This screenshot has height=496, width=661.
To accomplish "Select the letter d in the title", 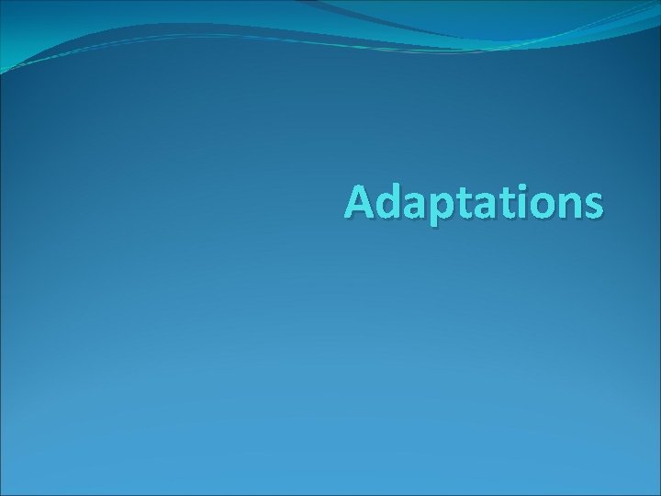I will point(392,203).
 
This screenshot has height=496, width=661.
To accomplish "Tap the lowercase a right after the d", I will point(419,208).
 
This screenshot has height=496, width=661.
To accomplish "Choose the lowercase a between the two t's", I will point(487,208).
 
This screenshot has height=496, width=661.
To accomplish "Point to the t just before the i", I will point(509,205).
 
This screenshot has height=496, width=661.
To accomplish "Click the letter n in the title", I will point(570,208).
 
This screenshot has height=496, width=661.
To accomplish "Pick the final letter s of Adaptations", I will point(593,208).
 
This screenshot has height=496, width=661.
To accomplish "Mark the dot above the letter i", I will point(524,188).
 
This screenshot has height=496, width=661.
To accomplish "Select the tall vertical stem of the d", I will point(400,202).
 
